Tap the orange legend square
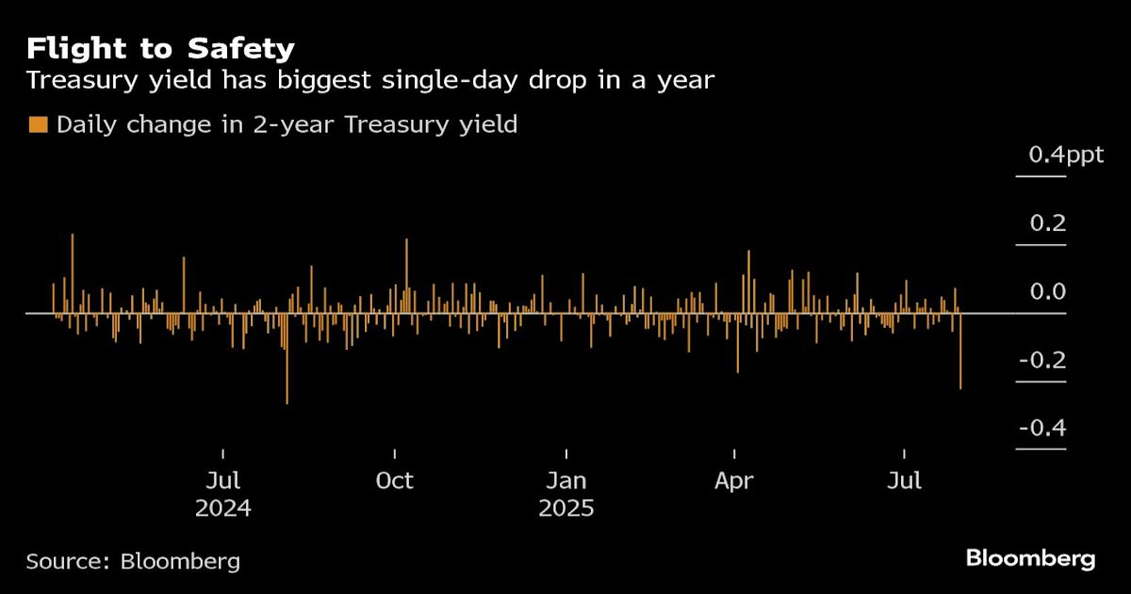pos(38,124)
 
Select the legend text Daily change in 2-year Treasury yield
pos(287,124)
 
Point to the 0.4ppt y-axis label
pos(1065,156)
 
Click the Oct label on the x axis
pos(394,481)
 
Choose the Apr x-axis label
pos(734,481)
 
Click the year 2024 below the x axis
pos(223,509)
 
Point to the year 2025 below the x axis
pos(565,509)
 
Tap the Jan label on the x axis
pos(565,481)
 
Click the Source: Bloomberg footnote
pos(133,562)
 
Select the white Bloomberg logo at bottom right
pos(1030,558)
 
